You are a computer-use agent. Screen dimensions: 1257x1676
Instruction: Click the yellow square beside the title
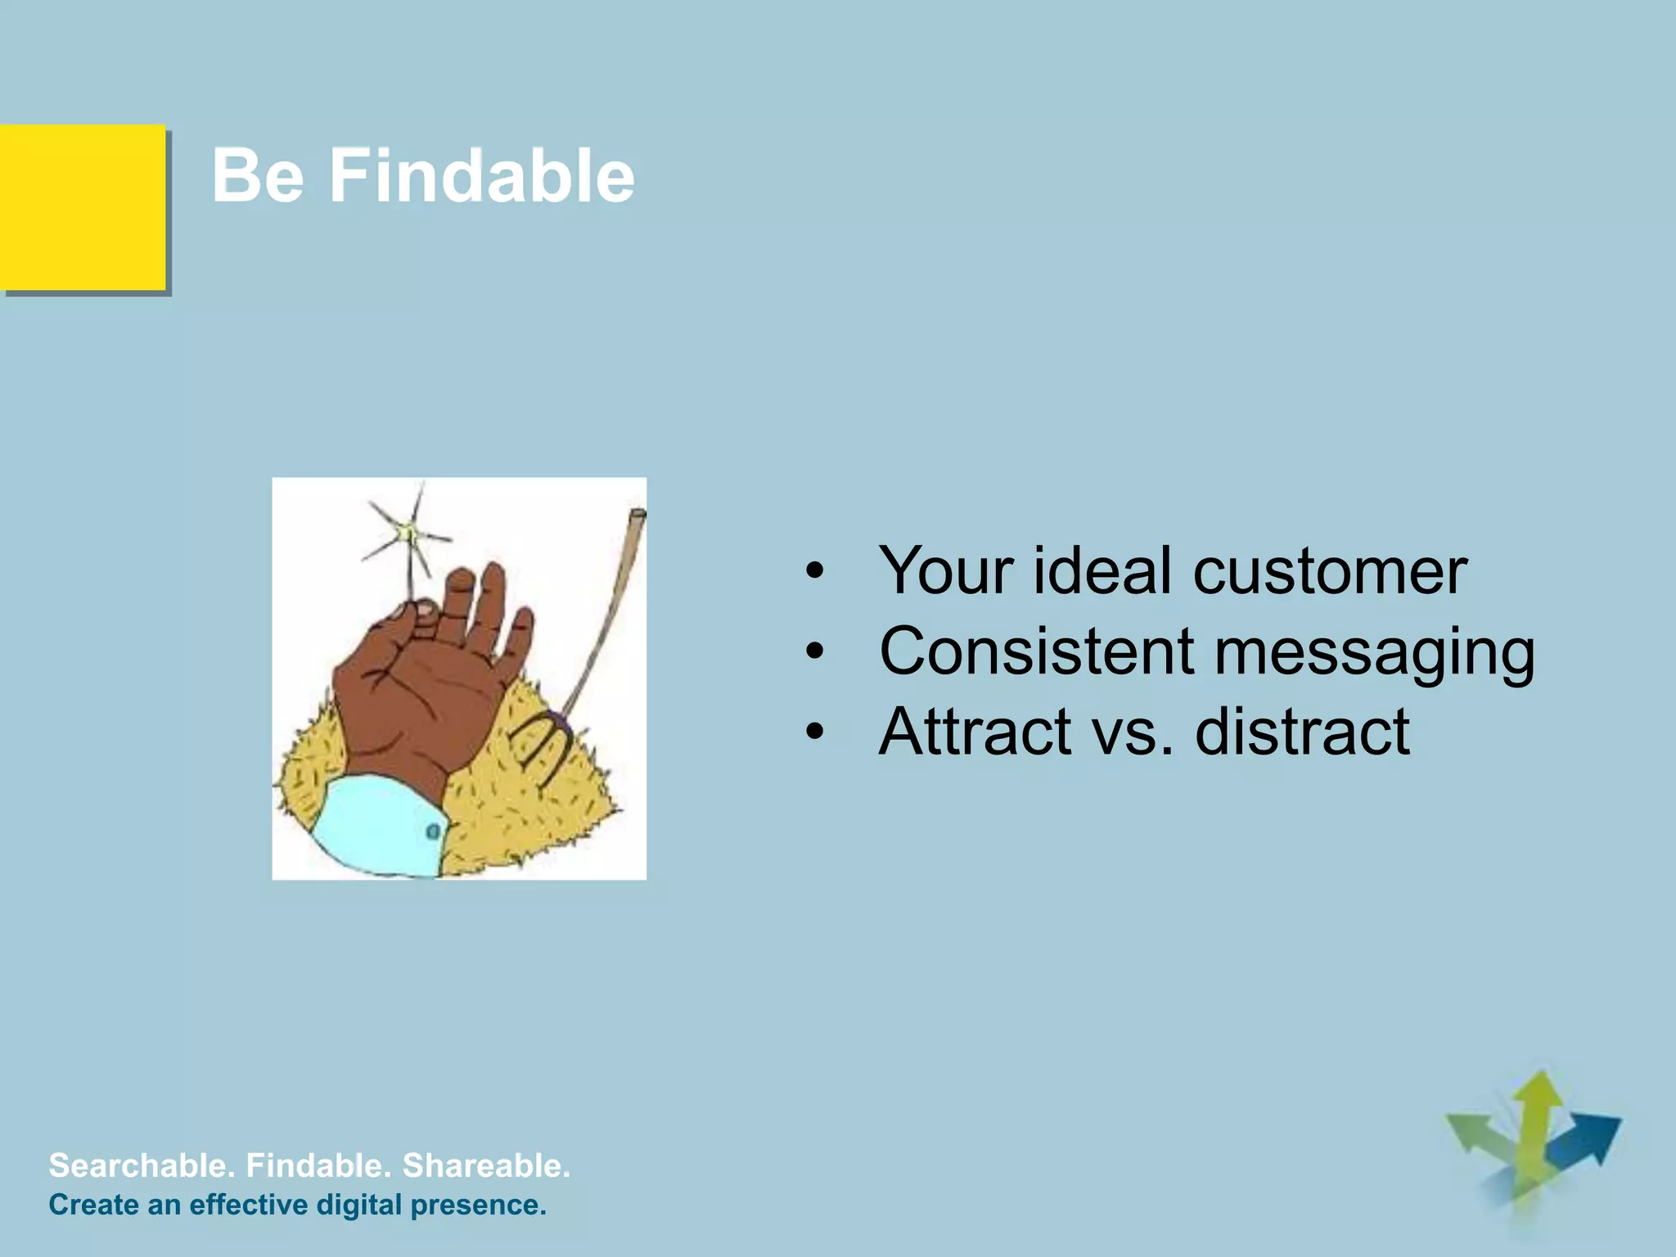click(82, 208)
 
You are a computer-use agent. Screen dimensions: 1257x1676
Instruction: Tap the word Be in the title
click(258, 175)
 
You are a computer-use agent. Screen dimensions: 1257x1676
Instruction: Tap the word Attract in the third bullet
click(975, 731)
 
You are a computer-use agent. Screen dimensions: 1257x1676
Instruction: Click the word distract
click(1302, 731)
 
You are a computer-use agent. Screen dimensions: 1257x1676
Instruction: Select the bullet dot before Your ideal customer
click(813, 572)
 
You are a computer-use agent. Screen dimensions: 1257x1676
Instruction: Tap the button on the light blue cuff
click(433, 831)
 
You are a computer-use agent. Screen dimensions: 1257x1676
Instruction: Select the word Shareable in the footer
click(486, 1165)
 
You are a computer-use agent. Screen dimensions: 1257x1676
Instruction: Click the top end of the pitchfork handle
click(637, 515)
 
